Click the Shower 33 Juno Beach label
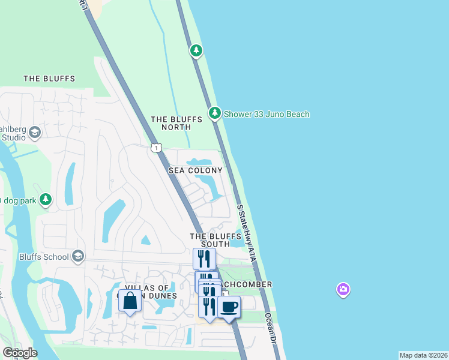[x=267, y=114]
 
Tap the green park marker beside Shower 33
[x=214, y=113]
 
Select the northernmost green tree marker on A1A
[x=196, y=50]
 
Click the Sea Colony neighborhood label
[x=196, y=171]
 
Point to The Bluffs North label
[x=170, y=123]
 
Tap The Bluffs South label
[x=210, y=240]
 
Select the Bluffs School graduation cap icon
[x=77, y=257]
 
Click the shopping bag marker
[x=130, y=301]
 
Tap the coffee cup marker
[x=229, y=307]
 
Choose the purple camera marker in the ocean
[x=343, y=290]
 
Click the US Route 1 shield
[x=156, y=148]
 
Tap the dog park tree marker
[x=46, y=200]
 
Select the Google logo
[x=20, y=353]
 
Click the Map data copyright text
[x=423, y=355]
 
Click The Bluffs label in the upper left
[x=49, y=79]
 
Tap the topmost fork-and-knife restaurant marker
[x=204, y=259]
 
